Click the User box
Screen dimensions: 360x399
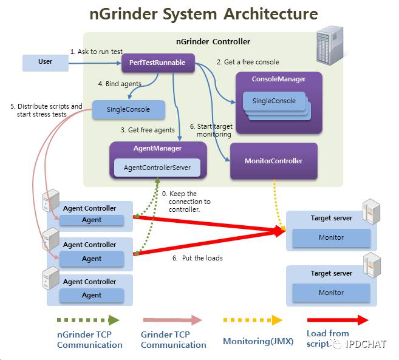point(46,62)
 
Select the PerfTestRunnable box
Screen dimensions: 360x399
point(157,62)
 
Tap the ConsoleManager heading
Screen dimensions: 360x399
point(279,79)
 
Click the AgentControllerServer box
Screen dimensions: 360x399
point(157,167)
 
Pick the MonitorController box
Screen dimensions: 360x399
point(273,161)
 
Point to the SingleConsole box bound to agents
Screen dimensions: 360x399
point(129,110)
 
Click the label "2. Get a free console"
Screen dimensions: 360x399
point(248,61)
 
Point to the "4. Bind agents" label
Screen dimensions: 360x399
point(120,83)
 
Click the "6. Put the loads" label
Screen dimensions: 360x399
point(197,258)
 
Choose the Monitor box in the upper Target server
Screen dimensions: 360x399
point(331,237)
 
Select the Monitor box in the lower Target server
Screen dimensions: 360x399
point(331,292)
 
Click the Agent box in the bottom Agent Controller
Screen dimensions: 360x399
point(92,295)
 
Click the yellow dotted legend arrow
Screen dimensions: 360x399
point(252,319)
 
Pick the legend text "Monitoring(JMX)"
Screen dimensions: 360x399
point(258,341)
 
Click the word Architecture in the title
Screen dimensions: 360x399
point(263,13)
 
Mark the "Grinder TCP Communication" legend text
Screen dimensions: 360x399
point(173,340)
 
